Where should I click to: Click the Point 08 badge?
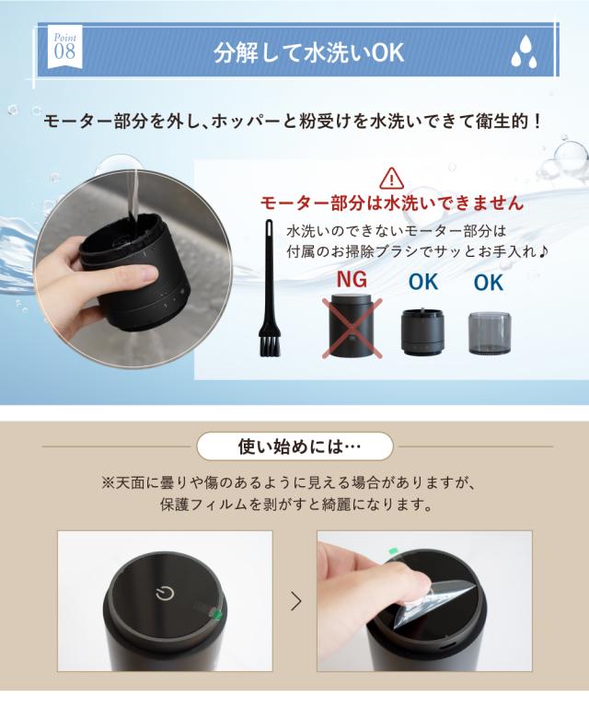(x=65, y=47)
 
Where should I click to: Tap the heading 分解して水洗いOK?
(x=308, y=53)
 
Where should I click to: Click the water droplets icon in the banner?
(x=524, y=52)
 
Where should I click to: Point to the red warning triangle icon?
(x=392, y=178)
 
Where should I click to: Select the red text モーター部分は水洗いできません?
(x=392, y=203)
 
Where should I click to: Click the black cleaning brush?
(x=270, y=288)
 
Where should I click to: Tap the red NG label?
(x=352, y=280)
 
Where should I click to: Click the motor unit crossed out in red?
(x=352, y=326)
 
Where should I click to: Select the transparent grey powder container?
(x=490, y=332)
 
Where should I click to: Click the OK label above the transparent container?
(x=489, y=283)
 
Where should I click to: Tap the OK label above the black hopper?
(x=423, y=282)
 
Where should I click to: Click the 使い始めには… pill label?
(x=294, y=446)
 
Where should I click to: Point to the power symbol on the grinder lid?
(x=165, y=593)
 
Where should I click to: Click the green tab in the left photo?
(x=216, y=614)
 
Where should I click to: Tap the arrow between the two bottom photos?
(x=295, y=601)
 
